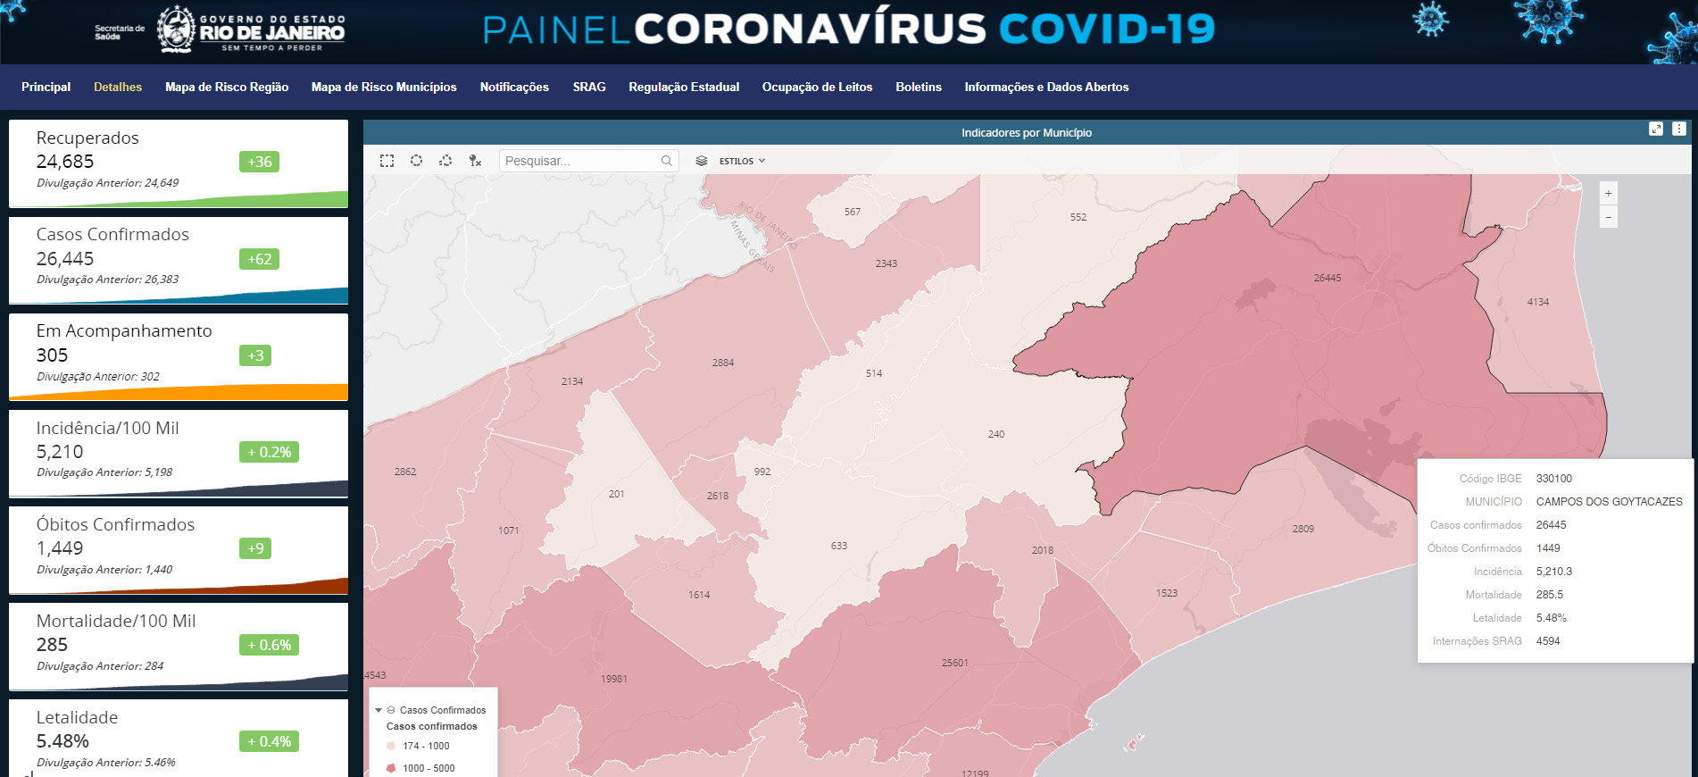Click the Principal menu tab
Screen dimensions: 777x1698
(x=46, y=87)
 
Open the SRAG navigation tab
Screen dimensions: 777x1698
(x=589, y=87)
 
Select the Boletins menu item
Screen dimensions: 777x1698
(x=919, y=87)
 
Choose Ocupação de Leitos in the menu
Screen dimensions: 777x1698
(x=817, y=87)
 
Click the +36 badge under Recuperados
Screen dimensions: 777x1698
(x=259, y=162)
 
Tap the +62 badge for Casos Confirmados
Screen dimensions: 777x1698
(x=259, y=259)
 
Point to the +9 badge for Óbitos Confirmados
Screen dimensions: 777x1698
(x=255, y=548)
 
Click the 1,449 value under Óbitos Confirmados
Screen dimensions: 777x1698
(x=60, y=548)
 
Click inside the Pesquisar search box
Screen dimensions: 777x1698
(x=580, y=161)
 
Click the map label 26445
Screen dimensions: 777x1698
(x=1327, y=278)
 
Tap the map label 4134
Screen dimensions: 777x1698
(x=1537, y=302)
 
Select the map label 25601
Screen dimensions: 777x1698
(x=954, y=663)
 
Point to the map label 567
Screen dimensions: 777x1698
(x=853, y=212)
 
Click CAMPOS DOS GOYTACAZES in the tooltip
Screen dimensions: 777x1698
(x=1609, y=502)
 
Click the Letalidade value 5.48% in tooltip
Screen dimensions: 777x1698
(x=1551, y=618)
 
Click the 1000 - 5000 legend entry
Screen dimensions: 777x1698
(x=428, y=768)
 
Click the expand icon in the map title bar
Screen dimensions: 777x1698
(x=1655, y=129)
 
